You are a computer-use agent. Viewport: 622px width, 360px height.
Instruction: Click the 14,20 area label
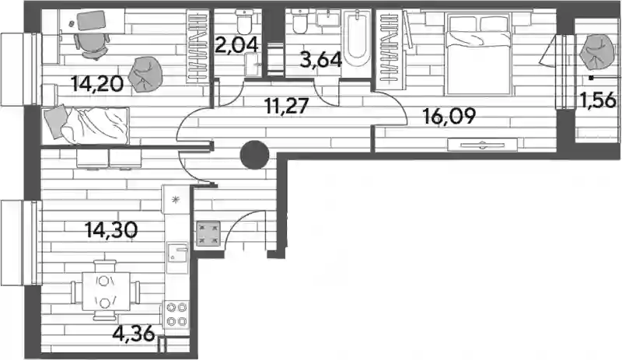point(97,84)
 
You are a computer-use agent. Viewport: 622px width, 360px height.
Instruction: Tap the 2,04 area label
point(236,45)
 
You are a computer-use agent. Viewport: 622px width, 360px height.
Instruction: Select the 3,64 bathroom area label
point(321,61)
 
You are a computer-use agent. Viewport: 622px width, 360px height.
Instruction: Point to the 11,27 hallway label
point(286,107)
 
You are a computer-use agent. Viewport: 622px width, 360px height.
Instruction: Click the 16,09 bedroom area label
point(449,117)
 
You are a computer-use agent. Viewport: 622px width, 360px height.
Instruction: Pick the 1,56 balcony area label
point(598,100)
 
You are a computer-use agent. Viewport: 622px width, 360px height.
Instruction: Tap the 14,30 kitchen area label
point(111,230)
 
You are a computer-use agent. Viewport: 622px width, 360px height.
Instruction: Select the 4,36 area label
point(133,334)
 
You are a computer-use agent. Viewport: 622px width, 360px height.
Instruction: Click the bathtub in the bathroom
point(357,38)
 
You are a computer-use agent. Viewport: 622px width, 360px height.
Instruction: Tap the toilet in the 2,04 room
point(243,23)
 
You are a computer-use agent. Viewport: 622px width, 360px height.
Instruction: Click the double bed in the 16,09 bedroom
point(477,54)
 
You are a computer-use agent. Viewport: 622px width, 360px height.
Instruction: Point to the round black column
point(255,156)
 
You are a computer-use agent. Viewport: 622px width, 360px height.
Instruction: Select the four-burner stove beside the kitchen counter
point(176,314)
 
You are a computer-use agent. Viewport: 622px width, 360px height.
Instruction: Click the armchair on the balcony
point(596,52)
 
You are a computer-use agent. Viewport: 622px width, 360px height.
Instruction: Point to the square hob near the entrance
point(208,233)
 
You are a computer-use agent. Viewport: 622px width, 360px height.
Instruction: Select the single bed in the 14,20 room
point(86,125)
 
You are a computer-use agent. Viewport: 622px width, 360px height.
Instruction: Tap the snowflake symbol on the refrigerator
point(176,200)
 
